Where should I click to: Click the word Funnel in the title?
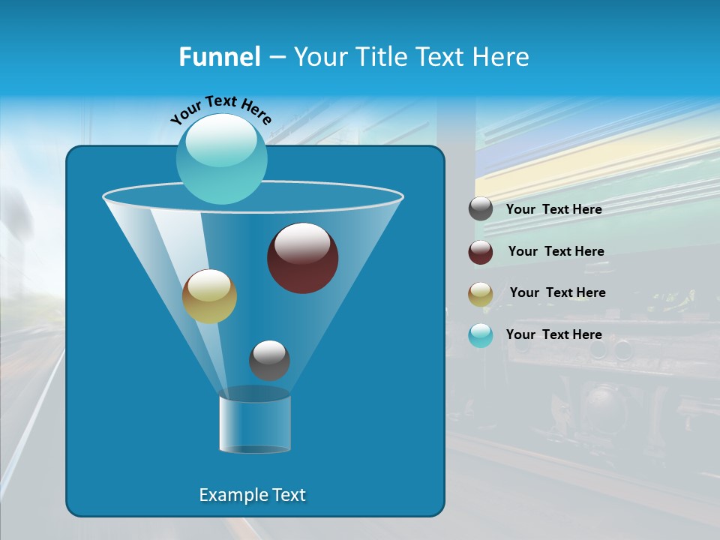point(219,57)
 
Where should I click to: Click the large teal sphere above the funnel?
point(221,158)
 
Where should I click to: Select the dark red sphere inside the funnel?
point(303,258)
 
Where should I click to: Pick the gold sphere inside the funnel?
point(209,296)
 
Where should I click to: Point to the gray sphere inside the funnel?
point(269,361)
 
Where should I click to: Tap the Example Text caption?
point(252,495)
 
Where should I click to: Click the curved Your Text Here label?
point(220,109)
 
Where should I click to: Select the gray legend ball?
point(481,209)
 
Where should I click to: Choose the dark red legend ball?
point(481,252)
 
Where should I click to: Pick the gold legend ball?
point(481,294)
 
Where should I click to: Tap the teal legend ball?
point(481,335)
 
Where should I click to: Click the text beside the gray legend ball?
point(553,209)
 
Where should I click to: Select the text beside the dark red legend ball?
point(556,251)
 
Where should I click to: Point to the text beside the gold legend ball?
point(557,292)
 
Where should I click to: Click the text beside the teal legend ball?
point(553,334)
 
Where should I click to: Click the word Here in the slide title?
point(503,57)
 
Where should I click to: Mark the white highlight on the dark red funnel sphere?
point(301,242)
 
